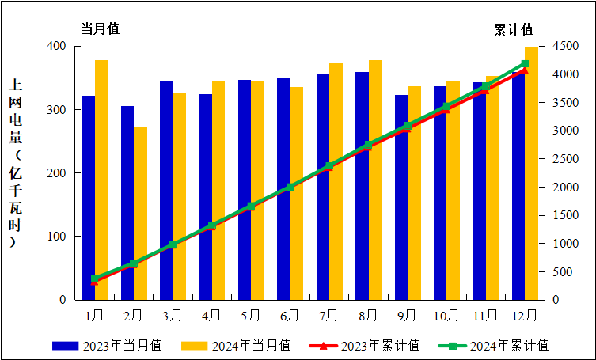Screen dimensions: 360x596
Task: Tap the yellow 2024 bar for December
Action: click(531, 173)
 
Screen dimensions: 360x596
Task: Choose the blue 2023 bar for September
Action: click(401, 197)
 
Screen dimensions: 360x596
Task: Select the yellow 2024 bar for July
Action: click(336, 181)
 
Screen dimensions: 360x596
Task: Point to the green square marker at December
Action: click(525, 63)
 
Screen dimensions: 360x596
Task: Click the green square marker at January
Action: click(95, 279)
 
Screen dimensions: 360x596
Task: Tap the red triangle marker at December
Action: click(525, 71)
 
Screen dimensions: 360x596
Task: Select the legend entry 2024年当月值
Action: click(236, 345)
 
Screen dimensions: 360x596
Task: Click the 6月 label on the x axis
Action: click(290, 315)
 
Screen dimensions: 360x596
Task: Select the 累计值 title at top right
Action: click(514, 29)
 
